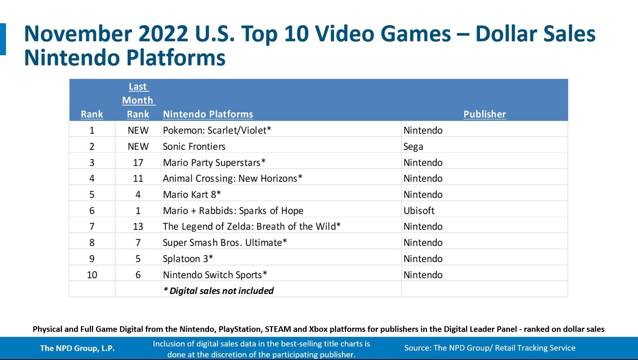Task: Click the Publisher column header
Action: [x=485, y=114]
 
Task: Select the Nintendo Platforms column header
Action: [x=208, y=114]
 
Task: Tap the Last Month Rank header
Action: [x=138, y=100]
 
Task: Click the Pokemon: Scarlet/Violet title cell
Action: [x=217, y=130]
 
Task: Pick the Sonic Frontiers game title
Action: [x=194, y=146]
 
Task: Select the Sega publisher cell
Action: [x=413, y=146]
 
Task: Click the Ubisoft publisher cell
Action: [x=419, y=211]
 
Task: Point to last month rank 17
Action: [x=138, y=163]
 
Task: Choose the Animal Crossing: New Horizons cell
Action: [x=232, y=178]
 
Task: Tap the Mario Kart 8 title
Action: [x=192, y=194]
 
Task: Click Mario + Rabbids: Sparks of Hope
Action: [x=233, y=211]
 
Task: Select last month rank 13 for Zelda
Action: [x=138, y=226]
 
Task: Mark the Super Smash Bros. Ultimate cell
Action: [x=225, y=243]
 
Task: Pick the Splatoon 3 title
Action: [x=188, y=259]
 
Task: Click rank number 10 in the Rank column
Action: [x=92, y=275]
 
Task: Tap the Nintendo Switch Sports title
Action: [x=215, y=275]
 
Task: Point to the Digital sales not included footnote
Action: [x=218, y=291]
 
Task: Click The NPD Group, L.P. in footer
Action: [x=77, y=348]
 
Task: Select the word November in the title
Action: [x=78, y=34]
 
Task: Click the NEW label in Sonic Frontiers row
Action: [x=138, y=146]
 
